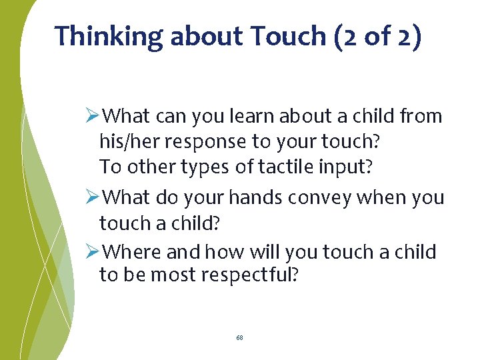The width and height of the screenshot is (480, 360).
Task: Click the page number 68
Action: (x=239, y=338)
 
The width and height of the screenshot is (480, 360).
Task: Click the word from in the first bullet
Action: (x=421, y=117)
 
